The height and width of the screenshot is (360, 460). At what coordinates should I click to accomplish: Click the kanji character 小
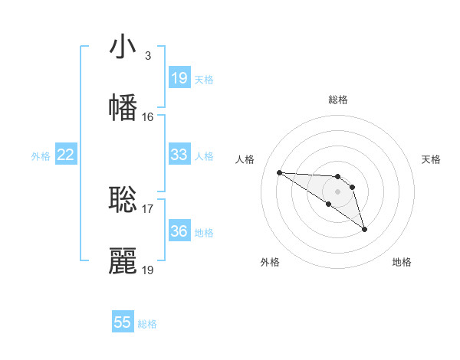(x=123, y=48)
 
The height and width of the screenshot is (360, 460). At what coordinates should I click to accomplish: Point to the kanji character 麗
(x=123, y=261)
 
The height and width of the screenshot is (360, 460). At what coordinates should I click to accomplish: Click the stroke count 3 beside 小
(x=147, y=56)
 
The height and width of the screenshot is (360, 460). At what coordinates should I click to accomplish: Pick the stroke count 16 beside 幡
(x=147, y=117)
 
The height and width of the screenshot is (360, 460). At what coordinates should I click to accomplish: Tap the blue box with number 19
(x=179, y=78)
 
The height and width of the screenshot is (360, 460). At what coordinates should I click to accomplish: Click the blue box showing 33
(x=179, y=155)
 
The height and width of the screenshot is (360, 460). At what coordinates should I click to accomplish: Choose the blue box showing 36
(x=179, y=231)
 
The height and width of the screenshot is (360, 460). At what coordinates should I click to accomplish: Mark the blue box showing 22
(x=66, y=155)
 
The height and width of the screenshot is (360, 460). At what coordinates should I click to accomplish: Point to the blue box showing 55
(x=123, y=322)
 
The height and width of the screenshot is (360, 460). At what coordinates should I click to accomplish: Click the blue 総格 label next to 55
(x=147, y=324)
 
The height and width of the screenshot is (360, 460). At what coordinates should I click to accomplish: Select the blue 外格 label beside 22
(x=41, y=156)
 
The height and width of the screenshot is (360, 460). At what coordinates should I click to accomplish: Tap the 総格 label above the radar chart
(x=338, y=100)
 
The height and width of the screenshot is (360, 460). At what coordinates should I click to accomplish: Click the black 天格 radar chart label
(x=432, y=159)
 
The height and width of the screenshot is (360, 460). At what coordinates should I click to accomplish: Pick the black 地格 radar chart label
(x=402, y=262)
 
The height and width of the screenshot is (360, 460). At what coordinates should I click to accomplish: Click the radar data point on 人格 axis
(x=279, y=172)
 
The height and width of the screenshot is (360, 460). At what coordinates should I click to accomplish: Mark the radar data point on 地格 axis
(x=364, y=229)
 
